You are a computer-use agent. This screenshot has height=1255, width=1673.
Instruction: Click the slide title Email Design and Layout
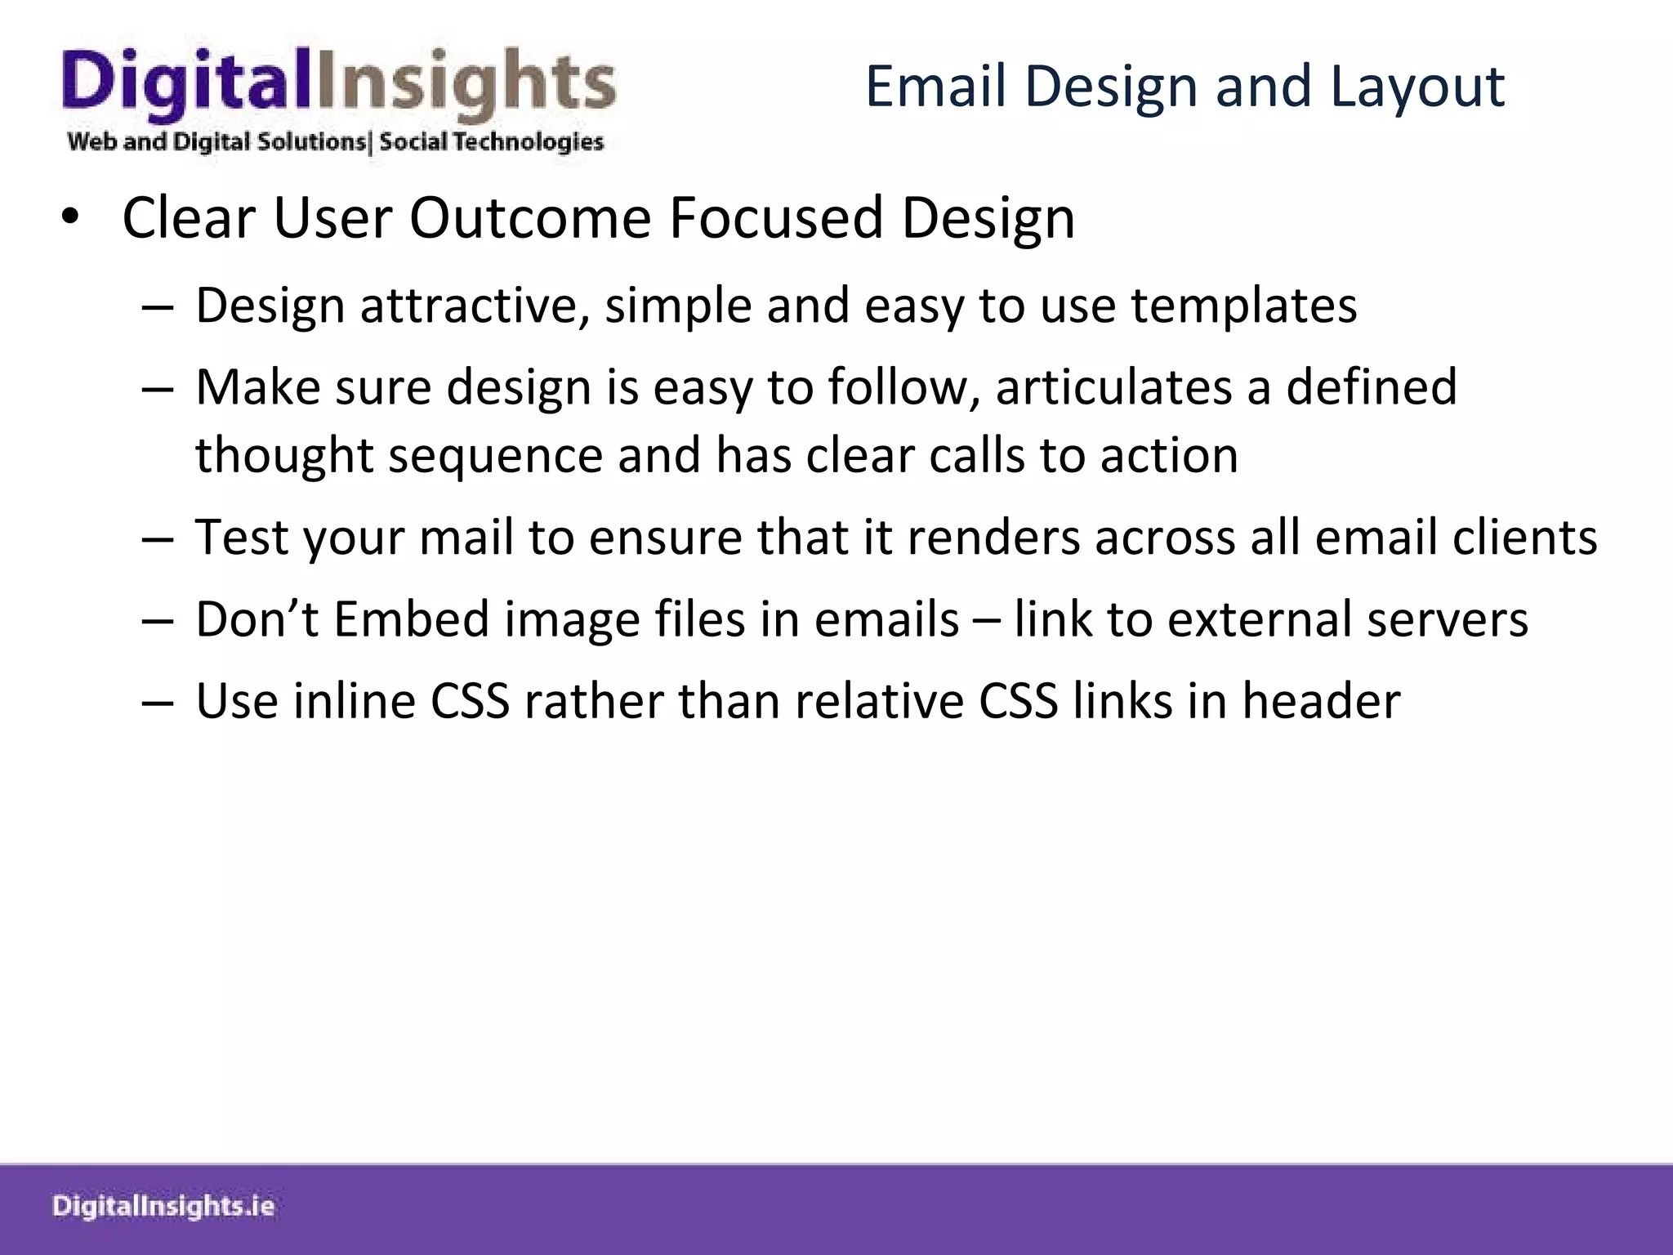[x=1184, y=87]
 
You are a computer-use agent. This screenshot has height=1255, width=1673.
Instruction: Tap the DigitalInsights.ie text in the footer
[x=163, y=1206]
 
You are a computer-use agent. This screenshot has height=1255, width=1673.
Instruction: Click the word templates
[x=1243, y=306]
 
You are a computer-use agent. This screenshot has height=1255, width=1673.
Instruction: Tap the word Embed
[x=412, y=619]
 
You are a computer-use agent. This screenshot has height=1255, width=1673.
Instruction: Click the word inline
[x=355, y=701]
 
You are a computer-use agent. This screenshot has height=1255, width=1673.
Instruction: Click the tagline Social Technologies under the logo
[x=491, y=142]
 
